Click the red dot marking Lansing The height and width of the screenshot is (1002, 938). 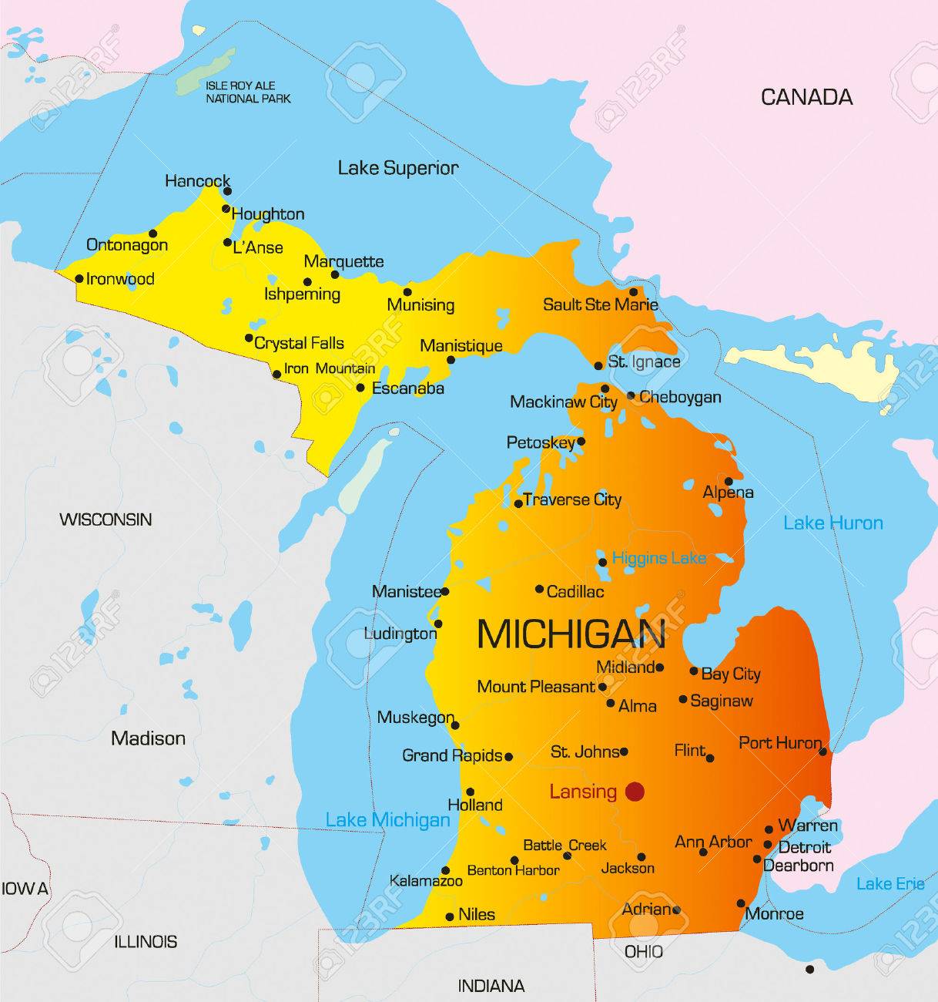click(x=635, y=791)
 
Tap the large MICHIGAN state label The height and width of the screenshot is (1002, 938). click(x=571, y=634)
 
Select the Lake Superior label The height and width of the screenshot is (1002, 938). click(x=398, y=168)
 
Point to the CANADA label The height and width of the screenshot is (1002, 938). click(x=806, y=97)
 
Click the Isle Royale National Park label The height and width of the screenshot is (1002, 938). click(x=248, y=92)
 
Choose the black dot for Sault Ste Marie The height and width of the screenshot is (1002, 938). click(x=633, y=292)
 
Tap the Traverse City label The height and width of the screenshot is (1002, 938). click(x=572, y=499)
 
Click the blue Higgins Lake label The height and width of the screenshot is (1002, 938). click(x=658, y=557)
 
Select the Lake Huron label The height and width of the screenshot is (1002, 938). click(x=832, y=523)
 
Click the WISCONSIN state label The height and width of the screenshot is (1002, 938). click(x=106, y=519)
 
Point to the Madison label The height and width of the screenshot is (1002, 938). click(x=148, y=738)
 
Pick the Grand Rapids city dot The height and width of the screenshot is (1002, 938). click(x=508, y=757)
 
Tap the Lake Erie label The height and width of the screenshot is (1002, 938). click(x=890, y=883)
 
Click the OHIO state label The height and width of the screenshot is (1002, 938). click(x=643, y=952)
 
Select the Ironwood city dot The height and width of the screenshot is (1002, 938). click(x=79, y=279)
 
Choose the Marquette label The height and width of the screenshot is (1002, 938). click(x=343, y=261)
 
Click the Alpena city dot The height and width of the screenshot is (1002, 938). click(x=729, y=481)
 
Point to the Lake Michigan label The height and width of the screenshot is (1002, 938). click(x=387, y=819)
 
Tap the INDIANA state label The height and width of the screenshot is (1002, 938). click(x=491, y=986)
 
